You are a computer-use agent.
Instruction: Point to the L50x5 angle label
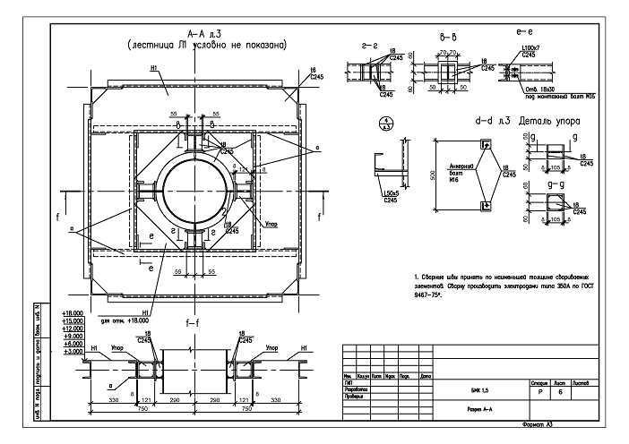point(388,195)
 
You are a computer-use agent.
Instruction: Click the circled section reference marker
point(385,124)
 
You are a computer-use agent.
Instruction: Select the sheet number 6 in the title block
point(560,391)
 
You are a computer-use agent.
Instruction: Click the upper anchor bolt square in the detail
point(485,144)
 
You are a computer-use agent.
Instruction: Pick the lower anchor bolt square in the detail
point(485,206)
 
